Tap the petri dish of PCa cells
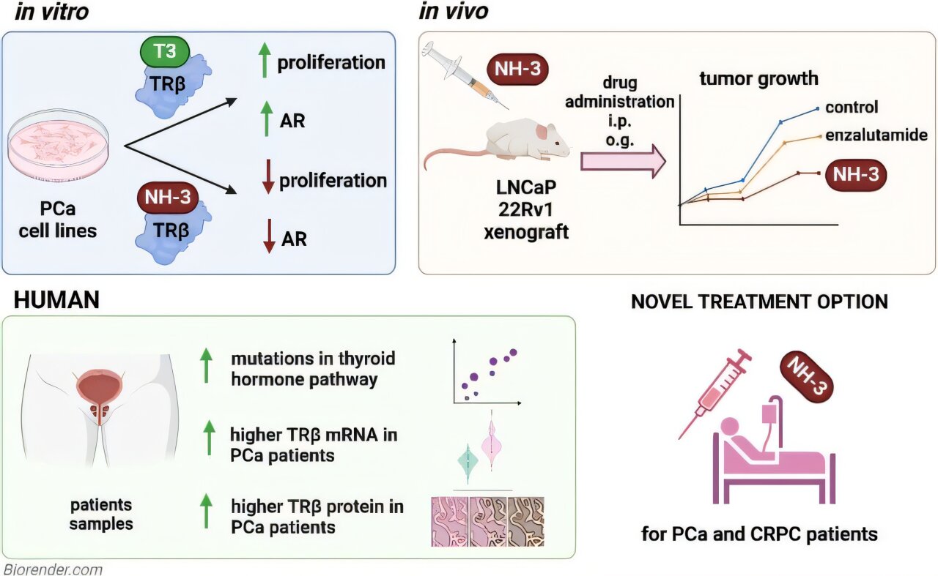(x=59, y=146)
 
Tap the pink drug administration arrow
(x=624, y=161)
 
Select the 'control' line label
(x=852, y=108)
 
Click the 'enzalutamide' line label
(x=876, y=135)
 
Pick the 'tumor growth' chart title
(x=758, y=78)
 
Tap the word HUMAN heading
(x=56, y=299)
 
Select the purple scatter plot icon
(x=487, y=373)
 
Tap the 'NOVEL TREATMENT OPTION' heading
(x=759, y=302)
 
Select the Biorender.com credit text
(x=53, y=569)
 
